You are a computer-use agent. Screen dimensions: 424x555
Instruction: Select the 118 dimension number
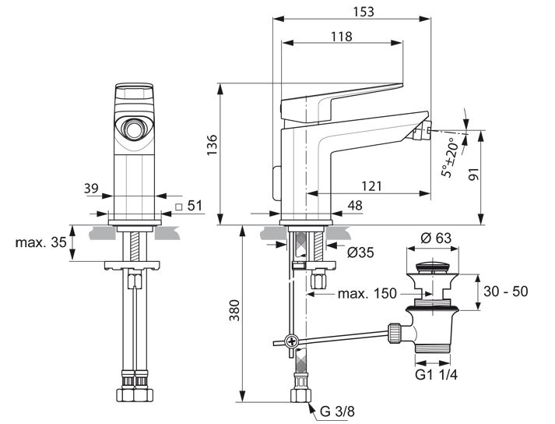click(x=341, y=36)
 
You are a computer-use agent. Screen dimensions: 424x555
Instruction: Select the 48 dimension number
click(x=355, y=206)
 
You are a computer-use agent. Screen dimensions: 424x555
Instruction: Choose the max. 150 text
click(x=367, y=294)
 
